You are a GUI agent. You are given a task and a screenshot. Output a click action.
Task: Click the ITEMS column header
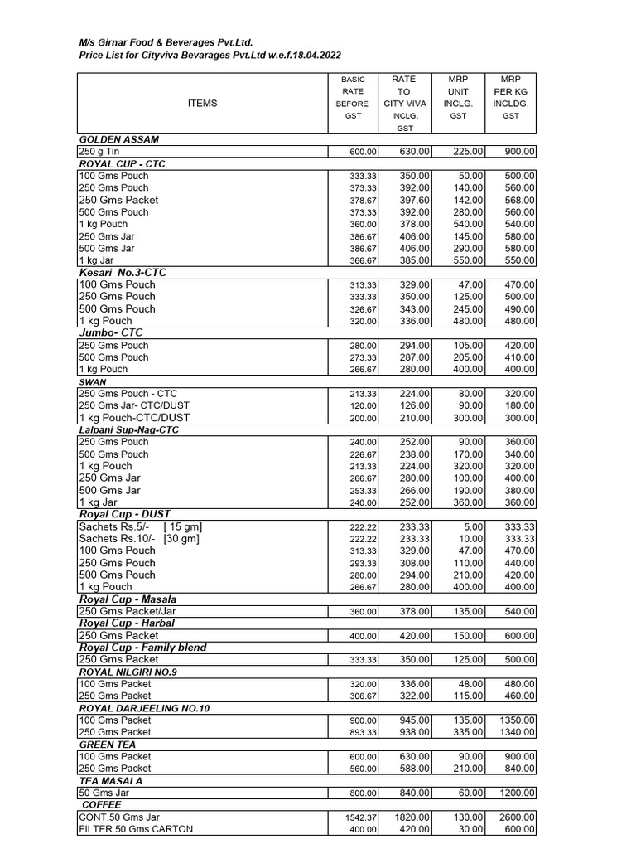(x=202, y=104)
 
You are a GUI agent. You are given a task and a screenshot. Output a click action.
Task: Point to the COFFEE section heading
(x=101, y=804)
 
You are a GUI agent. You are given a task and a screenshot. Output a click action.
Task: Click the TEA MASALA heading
(x=110, y=780)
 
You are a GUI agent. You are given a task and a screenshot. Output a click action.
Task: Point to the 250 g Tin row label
(x=99, y=152)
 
